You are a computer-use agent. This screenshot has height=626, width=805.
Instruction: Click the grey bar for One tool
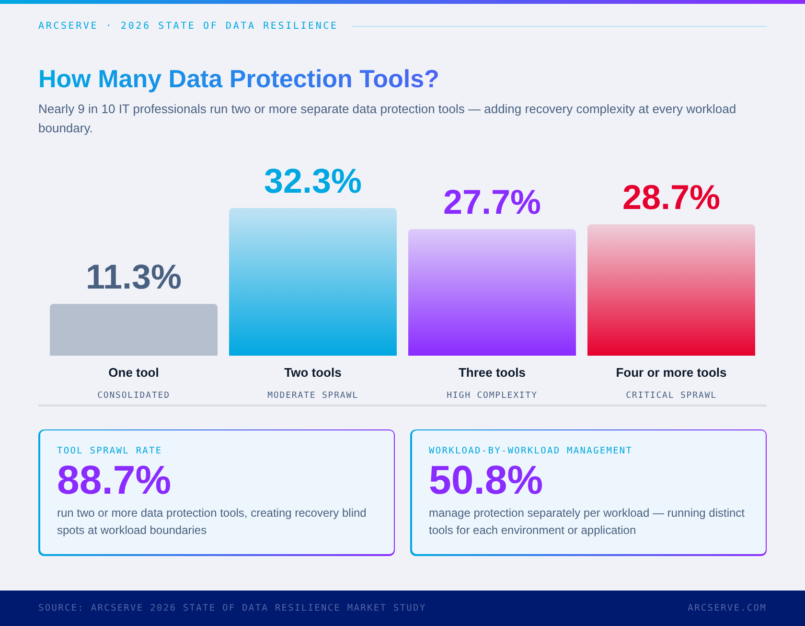134,330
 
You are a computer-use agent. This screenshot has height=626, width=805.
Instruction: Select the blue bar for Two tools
313,282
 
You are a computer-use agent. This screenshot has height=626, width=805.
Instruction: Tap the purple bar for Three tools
492,292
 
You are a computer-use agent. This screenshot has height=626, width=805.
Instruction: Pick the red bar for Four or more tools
671,290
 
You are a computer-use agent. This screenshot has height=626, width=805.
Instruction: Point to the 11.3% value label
134,277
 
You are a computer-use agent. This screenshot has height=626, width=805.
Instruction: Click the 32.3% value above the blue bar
313,181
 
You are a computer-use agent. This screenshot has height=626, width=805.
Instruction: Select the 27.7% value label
492,202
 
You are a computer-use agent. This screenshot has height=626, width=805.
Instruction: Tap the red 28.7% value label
671,197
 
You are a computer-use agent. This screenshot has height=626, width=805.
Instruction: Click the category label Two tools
313,372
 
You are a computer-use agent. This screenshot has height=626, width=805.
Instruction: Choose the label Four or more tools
671,372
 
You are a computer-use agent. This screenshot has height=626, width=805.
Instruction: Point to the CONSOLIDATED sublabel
134,395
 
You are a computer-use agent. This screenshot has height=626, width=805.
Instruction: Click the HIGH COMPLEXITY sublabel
492,395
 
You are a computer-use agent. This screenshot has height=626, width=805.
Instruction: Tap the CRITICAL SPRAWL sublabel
671,395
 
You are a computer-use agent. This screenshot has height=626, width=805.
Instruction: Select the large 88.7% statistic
114,480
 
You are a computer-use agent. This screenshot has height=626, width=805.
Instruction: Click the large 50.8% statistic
486,480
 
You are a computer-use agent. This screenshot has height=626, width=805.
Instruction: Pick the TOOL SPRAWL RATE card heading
109,451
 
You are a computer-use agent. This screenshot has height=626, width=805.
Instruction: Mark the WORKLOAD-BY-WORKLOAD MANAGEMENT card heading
530,451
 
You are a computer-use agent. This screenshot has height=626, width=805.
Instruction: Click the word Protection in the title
291,79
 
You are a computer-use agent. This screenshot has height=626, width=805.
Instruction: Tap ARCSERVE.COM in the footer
727,608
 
